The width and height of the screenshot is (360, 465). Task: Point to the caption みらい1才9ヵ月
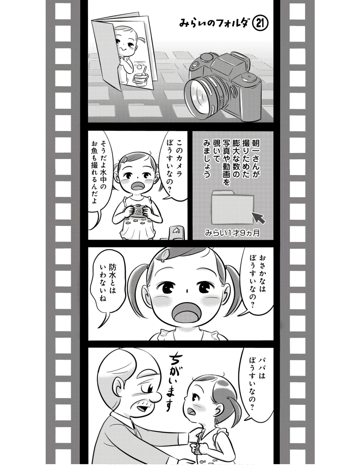click(232, 233)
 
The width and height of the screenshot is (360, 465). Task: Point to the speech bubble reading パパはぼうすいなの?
click(256, 384)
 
